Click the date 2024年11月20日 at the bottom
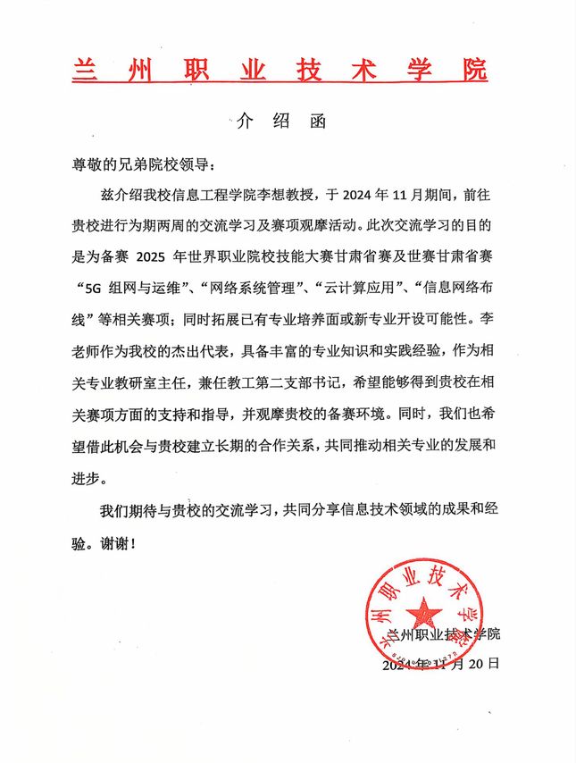[439, 665]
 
